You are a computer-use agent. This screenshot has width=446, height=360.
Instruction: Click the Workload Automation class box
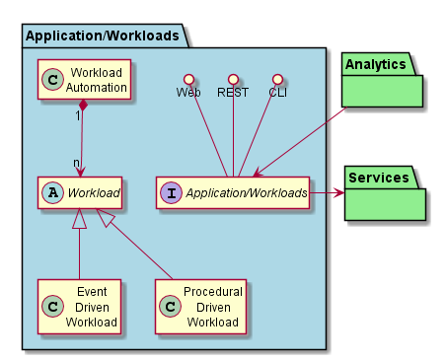tap(84, 79)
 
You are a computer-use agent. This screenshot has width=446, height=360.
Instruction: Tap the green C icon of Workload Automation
tap(52, 79)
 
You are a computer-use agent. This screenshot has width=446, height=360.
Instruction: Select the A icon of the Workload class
tap(52, 192)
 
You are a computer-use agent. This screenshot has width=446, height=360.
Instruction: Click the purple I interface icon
tap(171, 192)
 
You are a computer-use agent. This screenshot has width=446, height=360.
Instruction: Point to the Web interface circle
tap(188, 79)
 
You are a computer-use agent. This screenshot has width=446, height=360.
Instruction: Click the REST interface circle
tap(233, 79)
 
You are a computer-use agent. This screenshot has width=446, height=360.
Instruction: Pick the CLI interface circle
tap(277, 79)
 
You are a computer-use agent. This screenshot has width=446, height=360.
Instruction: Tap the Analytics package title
tap(375, 64)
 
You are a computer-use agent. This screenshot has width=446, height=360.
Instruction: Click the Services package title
tap(379, 178)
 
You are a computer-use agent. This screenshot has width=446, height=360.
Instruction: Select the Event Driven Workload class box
tap(79, 307)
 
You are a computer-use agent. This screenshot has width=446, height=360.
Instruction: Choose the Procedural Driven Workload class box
tap(200, 307)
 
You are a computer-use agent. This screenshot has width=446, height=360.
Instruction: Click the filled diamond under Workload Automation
tap(84, 106)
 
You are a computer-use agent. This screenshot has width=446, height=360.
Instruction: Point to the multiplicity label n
tap(76, 163)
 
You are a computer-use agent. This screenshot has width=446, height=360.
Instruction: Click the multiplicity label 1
tap(78, 115)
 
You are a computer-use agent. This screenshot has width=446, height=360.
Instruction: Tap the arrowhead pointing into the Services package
tap(339, 193)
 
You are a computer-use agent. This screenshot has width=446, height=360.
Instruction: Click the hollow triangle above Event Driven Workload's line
tap(79, 218)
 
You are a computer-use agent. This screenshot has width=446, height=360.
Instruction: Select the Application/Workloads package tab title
tap(103, 36)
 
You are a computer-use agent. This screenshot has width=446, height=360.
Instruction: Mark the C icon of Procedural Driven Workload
tap(170, 307)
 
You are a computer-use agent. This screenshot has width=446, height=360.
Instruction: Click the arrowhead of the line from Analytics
tap(259, 173)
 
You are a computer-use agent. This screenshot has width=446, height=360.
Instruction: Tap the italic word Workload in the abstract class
tap(94, 193)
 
